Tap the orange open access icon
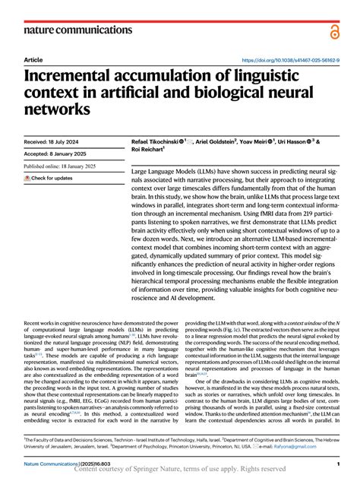click(336, 30)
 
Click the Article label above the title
click(33, 59)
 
